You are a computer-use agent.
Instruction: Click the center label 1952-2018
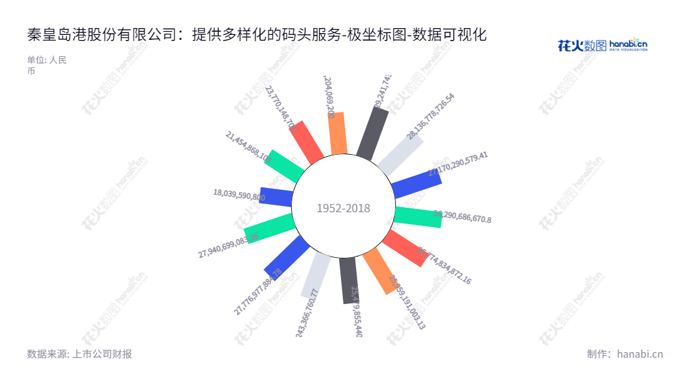[x=343, y=208]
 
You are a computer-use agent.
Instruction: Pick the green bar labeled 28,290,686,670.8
[x=418, y=215]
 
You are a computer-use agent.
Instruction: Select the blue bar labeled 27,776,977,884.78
[x=287, y=257]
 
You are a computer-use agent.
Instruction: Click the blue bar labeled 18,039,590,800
[x=276, y=197]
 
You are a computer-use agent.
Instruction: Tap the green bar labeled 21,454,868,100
[x=284, y=166]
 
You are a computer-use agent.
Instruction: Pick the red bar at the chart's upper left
[x=307, y=141]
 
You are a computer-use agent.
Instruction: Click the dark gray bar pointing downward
[x=348, y=280]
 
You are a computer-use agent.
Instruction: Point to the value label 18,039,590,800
[x=239, y=195]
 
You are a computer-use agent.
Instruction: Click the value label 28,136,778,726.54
[x=431, y=116]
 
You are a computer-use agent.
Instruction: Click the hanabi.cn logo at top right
[x=602, y=45]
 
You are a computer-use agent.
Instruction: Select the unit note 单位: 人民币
[x=46, y=66]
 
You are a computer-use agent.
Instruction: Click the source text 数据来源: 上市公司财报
[x=79, y=354]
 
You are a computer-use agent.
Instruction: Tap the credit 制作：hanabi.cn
[x=625, y=354]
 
